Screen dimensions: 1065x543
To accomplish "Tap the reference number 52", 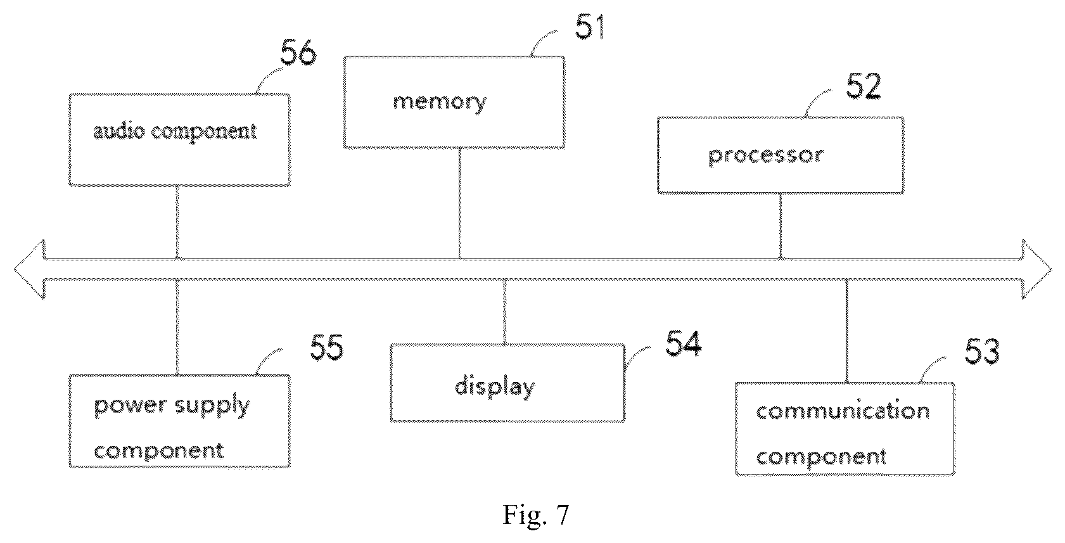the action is pyautogui.click(x=864, y=87).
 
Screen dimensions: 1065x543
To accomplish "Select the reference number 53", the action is pyautogui.click(x=982, y=352).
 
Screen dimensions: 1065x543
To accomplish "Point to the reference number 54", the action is pyautogui.click(x=683, y=343).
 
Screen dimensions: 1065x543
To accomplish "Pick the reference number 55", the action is pyautogui.click(x=327, y=347).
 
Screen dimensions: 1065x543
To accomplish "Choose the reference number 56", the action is pyautogui.click(x=298, y=53).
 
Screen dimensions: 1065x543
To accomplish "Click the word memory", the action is pyautogui.click(x=440, y=102).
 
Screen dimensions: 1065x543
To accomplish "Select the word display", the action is pyautogui.click(x=495, y=386).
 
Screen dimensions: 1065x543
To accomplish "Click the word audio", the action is pyautogui.click(x=119, y=131).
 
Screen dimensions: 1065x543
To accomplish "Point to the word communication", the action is pyautogui.click(x=843, y=411).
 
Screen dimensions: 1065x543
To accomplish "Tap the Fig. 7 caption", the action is pyautogui.click(x=536, y=514).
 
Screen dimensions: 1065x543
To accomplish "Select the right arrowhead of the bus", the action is pyautogui.click(x=1036, y=269).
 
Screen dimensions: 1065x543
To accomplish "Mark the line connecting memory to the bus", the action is pyautogui.click(x=459, y=203).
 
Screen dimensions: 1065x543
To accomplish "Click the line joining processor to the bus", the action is pyautogui.click(x=780, y=226).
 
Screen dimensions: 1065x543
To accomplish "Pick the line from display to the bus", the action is pyautogui.click(x=504, y=312).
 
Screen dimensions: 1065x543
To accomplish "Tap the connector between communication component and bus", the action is pyautogui.click(x=847, y=331).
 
